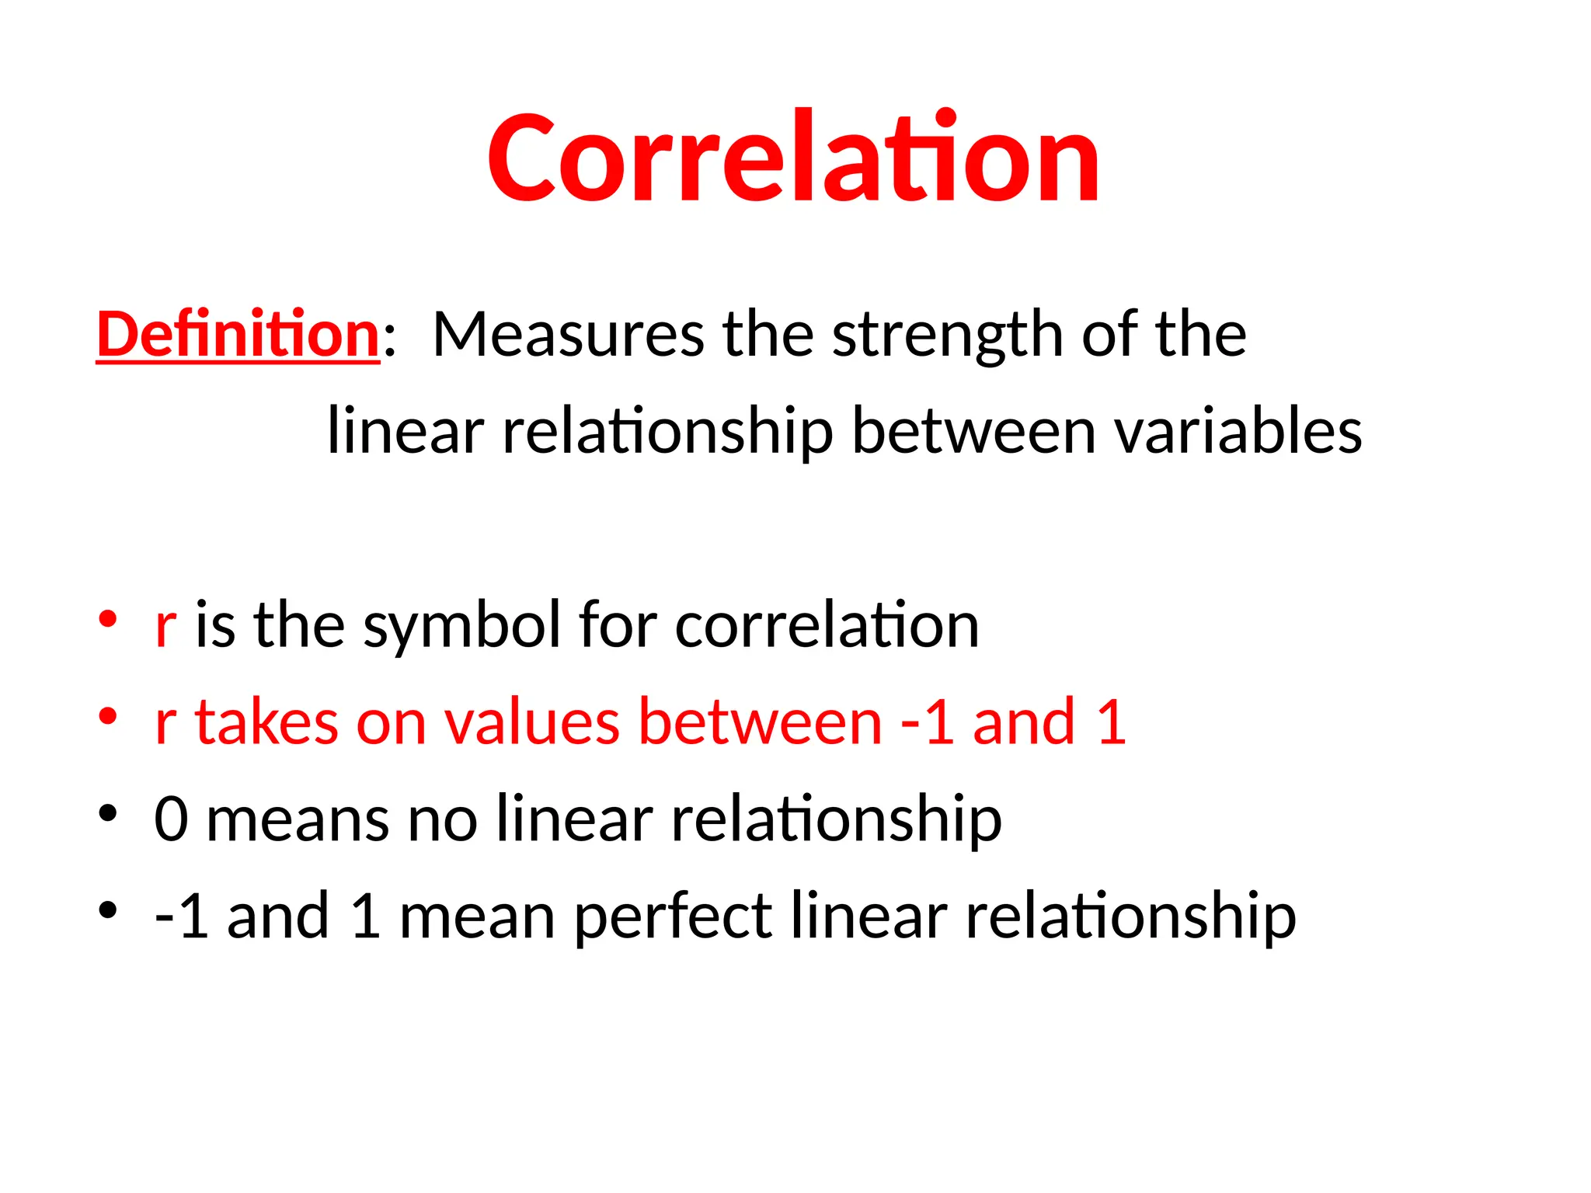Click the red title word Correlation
[793, 158]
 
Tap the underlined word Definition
[238, 334]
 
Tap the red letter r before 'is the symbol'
[165, 626]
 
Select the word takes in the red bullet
[266, 722]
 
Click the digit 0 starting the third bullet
[171, 819]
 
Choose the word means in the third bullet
[298, 820]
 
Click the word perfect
[673, 917]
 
